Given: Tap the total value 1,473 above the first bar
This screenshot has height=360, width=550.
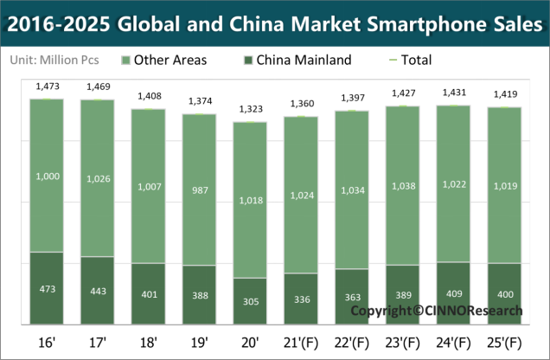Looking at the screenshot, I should point(47,87).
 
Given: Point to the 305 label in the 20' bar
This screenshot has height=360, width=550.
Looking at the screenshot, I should point(250,302).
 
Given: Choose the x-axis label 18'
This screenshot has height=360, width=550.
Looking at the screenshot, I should point(148,340).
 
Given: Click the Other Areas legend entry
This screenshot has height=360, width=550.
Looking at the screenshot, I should point(163,61).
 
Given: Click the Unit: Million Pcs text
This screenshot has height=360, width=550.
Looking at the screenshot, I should point(54,61).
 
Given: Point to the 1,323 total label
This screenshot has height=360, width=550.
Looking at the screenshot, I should point(250,110).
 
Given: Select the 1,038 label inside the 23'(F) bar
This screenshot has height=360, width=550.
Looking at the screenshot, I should point(402,186).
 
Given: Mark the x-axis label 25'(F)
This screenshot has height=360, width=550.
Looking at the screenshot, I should point(504,340).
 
